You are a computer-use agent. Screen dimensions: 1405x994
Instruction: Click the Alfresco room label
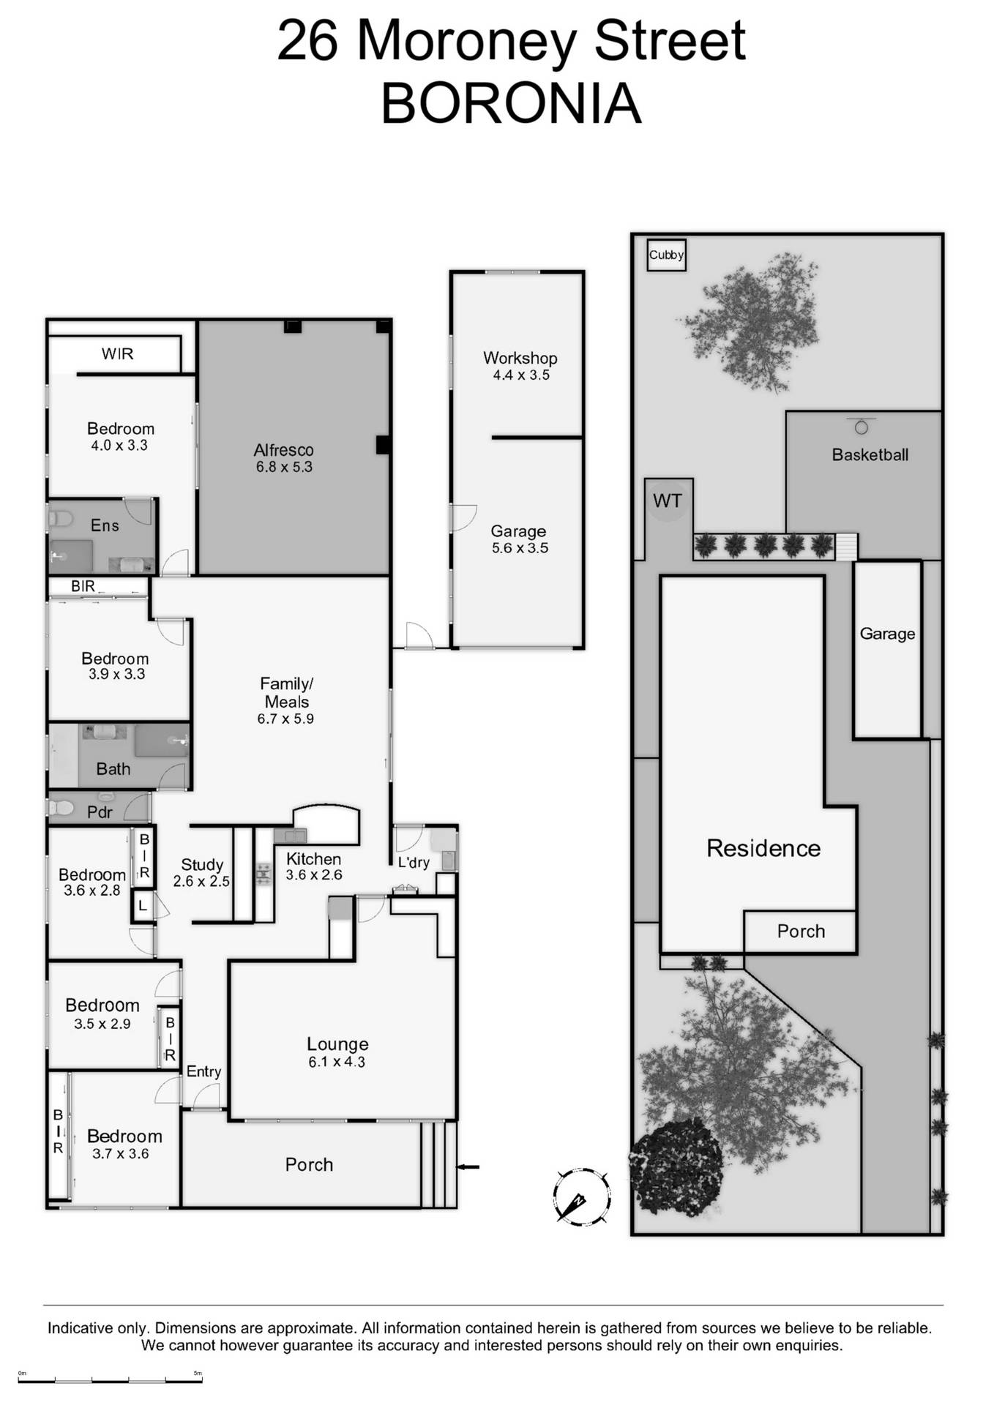[x=283, y=450]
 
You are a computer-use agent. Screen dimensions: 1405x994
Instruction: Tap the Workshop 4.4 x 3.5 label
[x=520, y=366]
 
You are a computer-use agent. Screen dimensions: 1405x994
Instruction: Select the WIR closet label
[x=117, y=354]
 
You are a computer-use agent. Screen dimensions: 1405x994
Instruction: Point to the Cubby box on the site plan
[x=666, y=255]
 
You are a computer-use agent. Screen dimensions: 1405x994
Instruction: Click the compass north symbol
[x=581, y=1196]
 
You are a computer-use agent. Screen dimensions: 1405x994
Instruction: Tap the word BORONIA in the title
[x=511, y=103]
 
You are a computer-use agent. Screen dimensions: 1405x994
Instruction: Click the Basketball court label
[x=870, y=454]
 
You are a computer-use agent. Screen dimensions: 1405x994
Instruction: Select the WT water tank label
[x=667, y=501]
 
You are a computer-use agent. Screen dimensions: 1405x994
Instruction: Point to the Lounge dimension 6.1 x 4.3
[x=337, y=1062]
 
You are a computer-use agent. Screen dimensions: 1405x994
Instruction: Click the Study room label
[x=202, y=865]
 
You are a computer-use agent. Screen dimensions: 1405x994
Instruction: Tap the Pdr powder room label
[x=100, y=812]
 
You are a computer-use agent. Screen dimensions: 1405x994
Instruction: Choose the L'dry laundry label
[x=414, y=863]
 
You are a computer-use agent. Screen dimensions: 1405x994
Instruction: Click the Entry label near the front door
[x=203, y=1071]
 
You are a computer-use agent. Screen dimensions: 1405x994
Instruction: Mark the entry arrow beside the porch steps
[x=469, y=1166]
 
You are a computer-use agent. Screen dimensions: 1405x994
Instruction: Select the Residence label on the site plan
[x=763, y=848]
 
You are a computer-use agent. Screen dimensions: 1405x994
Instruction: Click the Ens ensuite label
[x=105, y=525]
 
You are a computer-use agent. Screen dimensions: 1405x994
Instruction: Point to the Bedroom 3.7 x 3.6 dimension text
[x=121, y=1153]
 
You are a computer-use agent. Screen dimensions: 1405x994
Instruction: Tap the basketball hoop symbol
[x=862, y=426]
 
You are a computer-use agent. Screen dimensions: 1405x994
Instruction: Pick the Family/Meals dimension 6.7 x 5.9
[x=285, y=719]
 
